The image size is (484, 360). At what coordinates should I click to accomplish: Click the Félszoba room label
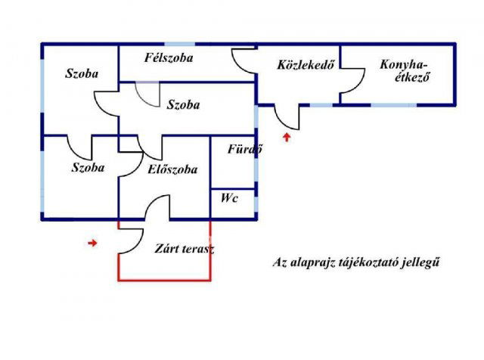(x=169, y=57)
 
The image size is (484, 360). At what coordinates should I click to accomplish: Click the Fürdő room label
(x=244, y=149)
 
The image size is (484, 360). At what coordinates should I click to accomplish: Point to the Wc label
(x=230, y=198)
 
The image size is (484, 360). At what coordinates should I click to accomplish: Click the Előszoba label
(x=173, y=169)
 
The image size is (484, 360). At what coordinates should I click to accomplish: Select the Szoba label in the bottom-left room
(x=88, y=167)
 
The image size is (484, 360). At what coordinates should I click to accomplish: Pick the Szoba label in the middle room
(x=184, y=105)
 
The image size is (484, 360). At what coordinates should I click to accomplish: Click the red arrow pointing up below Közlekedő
(x=286, y=137)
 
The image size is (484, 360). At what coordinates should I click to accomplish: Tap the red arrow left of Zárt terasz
(x=92, y=243)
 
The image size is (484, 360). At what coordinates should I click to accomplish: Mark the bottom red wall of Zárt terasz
(x=164, y=280)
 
